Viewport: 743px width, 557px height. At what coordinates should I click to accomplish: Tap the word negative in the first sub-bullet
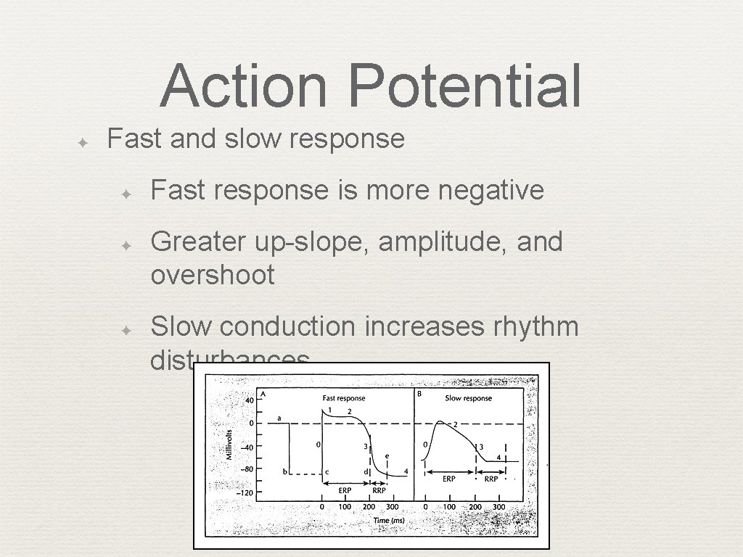point(491,190)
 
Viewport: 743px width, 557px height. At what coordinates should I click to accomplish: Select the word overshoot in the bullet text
point(213,275)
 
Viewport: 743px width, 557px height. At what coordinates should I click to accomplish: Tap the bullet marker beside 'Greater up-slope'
point(126,246)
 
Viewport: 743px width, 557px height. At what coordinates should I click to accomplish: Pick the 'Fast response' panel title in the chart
point(343,398)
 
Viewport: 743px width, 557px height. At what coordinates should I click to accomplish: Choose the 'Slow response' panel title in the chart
point(468,398)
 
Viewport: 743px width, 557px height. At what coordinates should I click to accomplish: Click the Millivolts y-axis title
point(229,445)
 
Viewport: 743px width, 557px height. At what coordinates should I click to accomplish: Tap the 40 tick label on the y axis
point(248,400)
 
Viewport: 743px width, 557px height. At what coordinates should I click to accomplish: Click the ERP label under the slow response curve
point(449,479)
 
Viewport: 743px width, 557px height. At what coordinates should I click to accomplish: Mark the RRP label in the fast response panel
point(379,490)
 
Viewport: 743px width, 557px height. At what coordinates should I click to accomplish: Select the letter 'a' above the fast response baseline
point(279,418)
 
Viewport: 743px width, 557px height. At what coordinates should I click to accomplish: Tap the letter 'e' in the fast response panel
point(387,456)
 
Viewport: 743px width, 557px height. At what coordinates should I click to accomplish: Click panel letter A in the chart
point(262,394)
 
